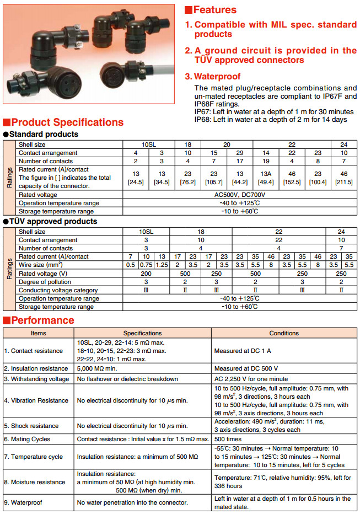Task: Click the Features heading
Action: click(214, 9)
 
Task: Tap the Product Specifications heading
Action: click(67, 122)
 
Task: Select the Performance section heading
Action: click(42, 320)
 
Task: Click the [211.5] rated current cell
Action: click(343, 178)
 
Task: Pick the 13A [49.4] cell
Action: click(266, 178)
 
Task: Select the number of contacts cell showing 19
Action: click(266, 161)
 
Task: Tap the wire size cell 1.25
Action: click(162, 265)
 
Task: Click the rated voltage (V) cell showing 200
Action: click(146, 274)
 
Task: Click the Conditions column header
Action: click(284, 333)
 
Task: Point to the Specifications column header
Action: click(142, 333)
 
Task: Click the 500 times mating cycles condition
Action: click(228, 439)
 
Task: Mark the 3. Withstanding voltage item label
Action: click(36, 379)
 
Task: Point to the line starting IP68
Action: click(271, 119)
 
